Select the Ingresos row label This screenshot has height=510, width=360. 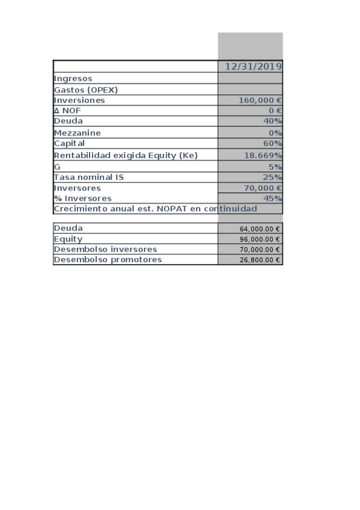[73, 78]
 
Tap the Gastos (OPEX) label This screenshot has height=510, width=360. [85, 90]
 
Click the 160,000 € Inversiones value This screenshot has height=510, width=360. [260, 100]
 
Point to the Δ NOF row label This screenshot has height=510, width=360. [67, 111]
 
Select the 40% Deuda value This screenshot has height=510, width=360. [272, 121]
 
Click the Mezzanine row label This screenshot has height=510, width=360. [78, 133]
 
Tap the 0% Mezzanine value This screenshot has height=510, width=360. [275, 133]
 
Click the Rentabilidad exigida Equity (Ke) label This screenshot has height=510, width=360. [126, 155]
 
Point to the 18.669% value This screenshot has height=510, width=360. [263, 155]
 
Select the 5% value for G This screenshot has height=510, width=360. [275, 167]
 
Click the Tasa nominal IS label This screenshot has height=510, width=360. [88, 177]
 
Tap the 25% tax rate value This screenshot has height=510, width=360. [272, 177]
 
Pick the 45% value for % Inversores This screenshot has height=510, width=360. [272, 198]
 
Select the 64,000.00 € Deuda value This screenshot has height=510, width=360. [260, 229]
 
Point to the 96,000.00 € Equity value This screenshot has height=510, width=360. [260, 239]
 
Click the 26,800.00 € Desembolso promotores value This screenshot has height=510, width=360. [260, 260]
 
